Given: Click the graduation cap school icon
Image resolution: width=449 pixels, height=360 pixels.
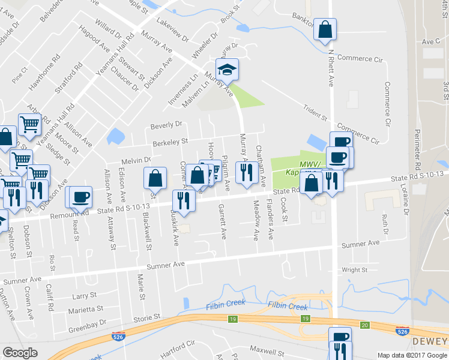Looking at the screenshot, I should tap(228, 70).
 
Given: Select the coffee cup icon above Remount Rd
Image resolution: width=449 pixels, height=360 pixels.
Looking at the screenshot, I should tap(80, 196).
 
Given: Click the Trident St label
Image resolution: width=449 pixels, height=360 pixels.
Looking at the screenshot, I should tap(315, 113).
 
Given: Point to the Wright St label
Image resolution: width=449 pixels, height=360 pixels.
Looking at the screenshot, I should tap(355, 270).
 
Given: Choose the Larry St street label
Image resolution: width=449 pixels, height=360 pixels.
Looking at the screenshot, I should tap(84, 296).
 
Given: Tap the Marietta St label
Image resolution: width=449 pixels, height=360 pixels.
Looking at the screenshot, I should tap(86, 310).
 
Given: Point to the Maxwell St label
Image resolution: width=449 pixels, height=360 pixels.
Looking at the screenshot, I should tap(267, 349).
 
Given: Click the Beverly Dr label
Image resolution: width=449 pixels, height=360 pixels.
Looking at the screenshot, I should tap(166, 125).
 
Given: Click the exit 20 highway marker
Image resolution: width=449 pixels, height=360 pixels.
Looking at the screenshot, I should tap(364, 325).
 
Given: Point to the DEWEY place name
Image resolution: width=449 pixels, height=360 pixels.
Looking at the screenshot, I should tap(430, 341).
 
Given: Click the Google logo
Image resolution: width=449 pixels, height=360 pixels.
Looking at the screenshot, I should tap(20, 353).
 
